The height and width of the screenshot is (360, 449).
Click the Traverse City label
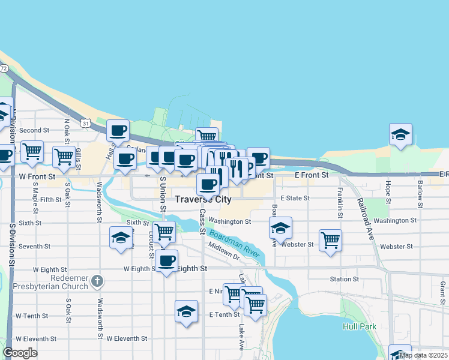pyautogui.click(x=203, y=199)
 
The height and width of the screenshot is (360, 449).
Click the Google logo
pyautogui.click(x=20, y=353)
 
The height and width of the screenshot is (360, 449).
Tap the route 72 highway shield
pyautogui.click(x=4, y=68)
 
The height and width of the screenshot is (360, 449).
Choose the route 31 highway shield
pyautogui.click(x=86, y=124)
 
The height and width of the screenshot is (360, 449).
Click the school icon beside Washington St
pyautogui.click(x=280, y=229)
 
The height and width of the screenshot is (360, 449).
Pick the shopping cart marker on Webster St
pyautogui.click(x=330, y=241)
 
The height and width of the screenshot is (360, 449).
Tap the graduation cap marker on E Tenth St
pyautogui.click(x=187, y=311)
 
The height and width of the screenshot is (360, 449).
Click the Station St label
pyautogui.click(x=345, y=279)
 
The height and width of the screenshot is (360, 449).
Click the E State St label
pyautogui.click(x=295, y=198)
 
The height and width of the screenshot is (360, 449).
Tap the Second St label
pyautogui.click(x=34, y=130)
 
